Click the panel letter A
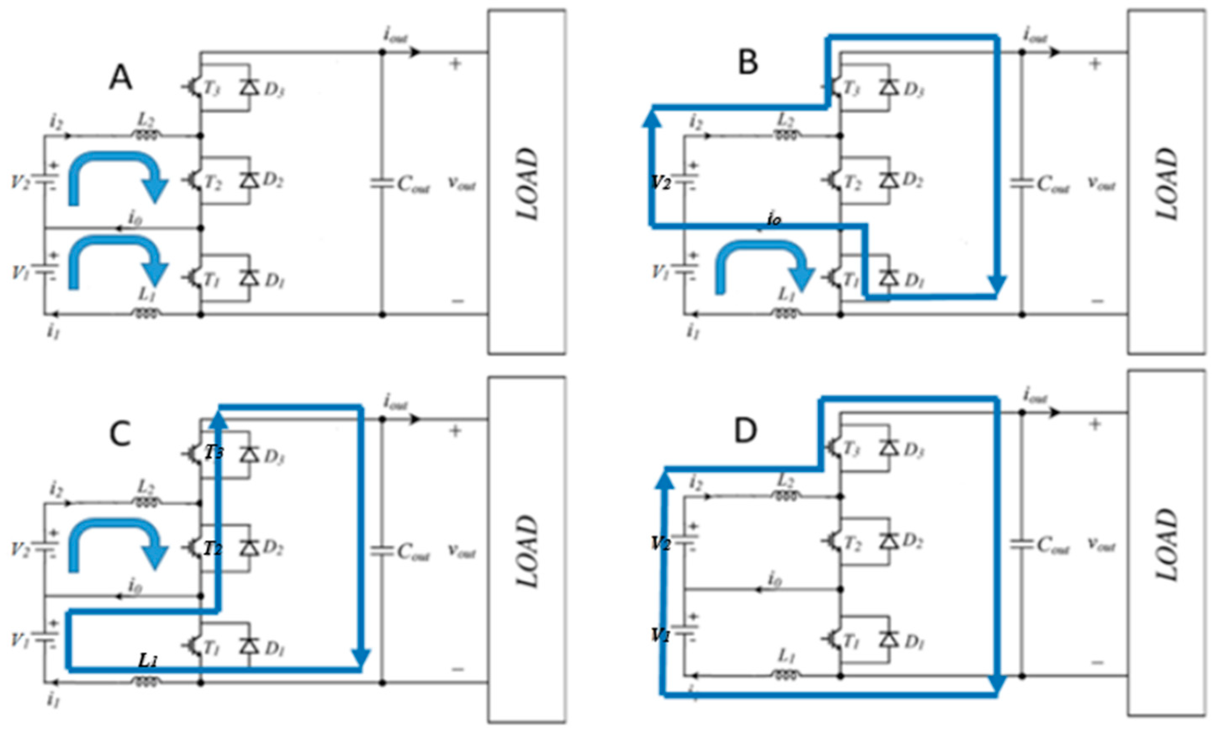point(121,78)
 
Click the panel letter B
point(748,63)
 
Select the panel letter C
point(120,434)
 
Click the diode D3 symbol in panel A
point(249,87)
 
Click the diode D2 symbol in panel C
point(249,547)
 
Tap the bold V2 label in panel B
point(661,182)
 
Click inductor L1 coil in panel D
point(785,675)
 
